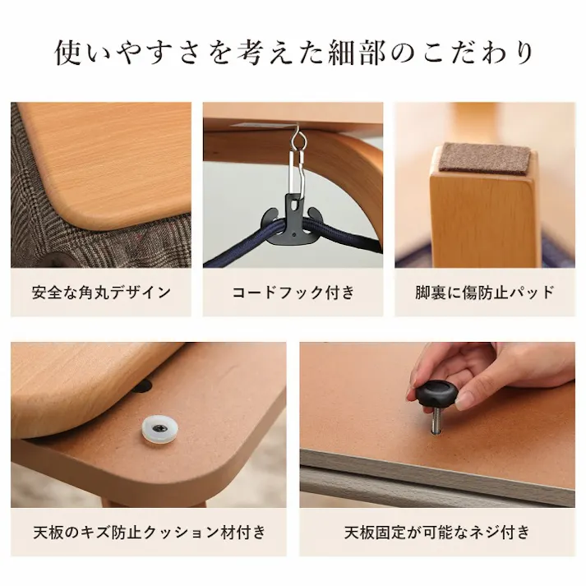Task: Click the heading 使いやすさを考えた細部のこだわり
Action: point(293,52)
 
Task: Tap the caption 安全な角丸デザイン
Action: point(101,292)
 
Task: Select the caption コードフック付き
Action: point(293,292)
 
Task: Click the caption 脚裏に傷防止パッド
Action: point(484,292)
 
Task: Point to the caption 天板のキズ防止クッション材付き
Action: point(149,532)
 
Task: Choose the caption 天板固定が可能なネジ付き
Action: point(436,532)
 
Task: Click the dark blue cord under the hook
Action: point(247,251)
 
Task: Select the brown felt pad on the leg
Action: point(484,158)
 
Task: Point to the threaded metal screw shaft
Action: point(432,421)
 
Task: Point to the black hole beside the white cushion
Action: point(143,385)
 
